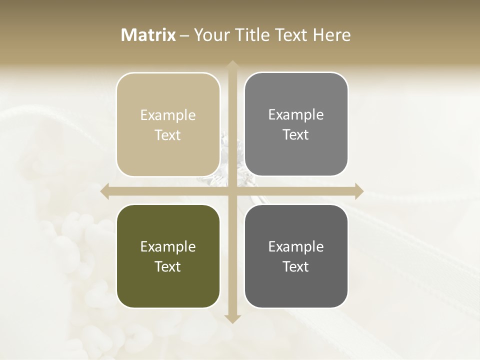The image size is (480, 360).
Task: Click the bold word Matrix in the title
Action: click(x=148, y=35)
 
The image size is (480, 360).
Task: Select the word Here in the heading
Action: click(x=332, y=35)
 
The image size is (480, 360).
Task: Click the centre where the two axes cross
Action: click(x=232, y=191)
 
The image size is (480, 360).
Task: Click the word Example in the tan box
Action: click(x=168, y=115)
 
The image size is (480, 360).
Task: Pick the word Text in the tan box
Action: click(x=168, y=135)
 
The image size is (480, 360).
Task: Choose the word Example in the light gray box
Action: click(x=296, y=115)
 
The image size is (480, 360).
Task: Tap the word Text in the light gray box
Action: click(x=296, y=134)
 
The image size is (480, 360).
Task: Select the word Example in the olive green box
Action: click(x=168, y=247)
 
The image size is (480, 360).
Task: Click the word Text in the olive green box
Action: click(x=168, y=266)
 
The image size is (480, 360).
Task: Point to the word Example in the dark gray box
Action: click(x=296, y=247)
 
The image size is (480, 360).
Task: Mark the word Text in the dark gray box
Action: click(x=296, y=266)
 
